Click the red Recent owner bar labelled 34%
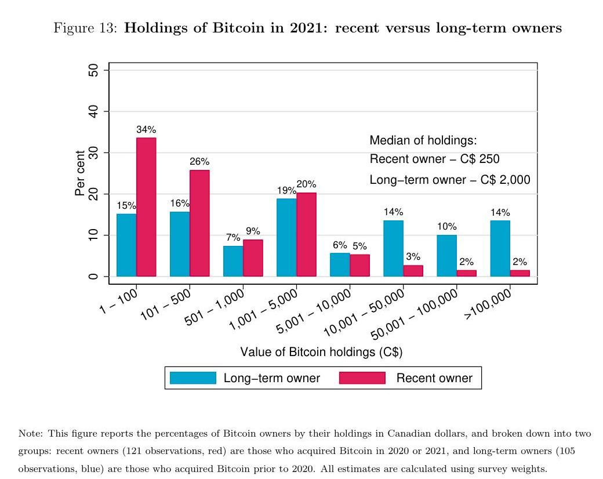[x=146, y=206]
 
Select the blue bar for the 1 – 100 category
[x=126, y=245]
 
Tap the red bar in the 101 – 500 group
[x=199, y=223]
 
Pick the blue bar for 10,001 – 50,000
[x=394, y=248]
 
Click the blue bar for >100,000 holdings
[x=500, y=248]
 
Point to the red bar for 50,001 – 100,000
[x=467, y=273]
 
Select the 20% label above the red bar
[x=306, y=184]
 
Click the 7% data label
[x=233, y=237]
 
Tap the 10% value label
[x=447, y=226]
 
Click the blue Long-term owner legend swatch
[x=192, y=378]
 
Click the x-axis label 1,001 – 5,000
[x=264, y=309]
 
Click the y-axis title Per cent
[x=81, y=173]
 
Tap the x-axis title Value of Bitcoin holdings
[x=321, y=352]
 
